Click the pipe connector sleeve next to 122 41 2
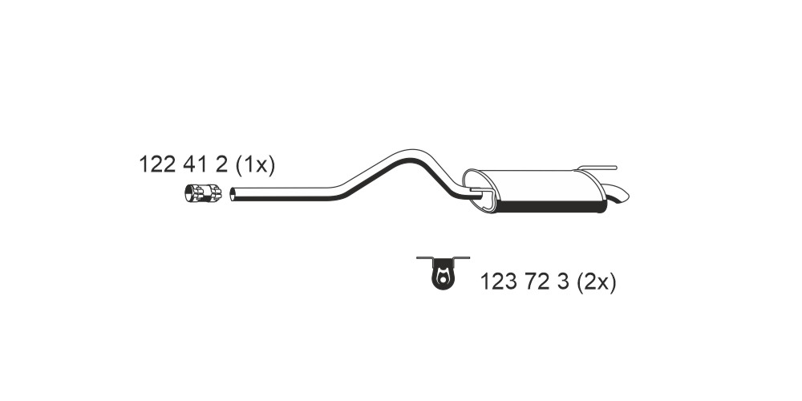(203, 192)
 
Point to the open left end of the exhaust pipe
(233, 194)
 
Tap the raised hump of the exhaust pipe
(409, 155)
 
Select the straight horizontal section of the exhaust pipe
(286, 193)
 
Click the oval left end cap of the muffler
(479, 190)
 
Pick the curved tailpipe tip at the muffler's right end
(618, 194)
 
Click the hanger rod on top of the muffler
(597, 168)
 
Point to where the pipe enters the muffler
(476, 193)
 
